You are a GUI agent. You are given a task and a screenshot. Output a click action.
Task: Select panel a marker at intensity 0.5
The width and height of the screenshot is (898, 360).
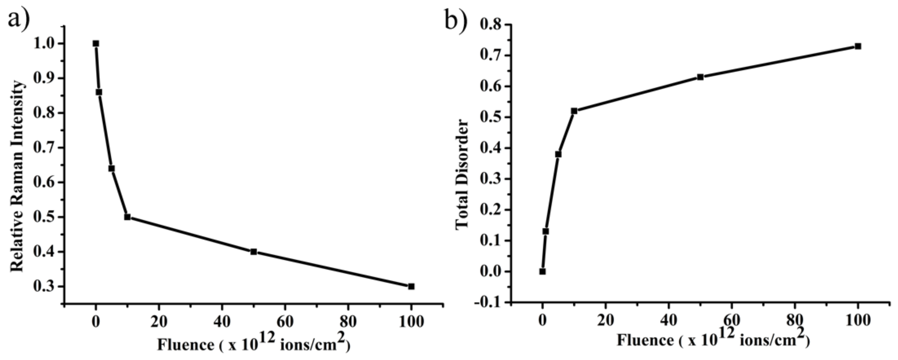tap(127, 217)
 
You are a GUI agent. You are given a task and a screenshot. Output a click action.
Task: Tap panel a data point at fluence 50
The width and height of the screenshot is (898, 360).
tap(254, 252)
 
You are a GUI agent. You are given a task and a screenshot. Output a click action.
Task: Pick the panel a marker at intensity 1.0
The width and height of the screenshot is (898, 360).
tap(96, 44)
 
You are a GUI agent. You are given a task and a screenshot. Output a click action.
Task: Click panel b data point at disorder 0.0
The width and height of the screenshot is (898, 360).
tap(542, 272)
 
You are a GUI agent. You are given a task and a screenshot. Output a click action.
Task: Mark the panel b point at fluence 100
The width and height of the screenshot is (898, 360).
tap(858, 46)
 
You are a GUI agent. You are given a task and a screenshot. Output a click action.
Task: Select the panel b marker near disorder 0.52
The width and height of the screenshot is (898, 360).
tap(574, 111)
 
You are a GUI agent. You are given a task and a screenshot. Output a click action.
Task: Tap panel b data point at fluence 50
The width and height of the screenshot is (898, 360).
tap(700, 77)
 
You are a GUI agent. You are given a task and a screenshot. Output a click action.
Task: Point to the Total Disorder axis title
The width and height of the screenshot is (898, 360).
tap(462, 174)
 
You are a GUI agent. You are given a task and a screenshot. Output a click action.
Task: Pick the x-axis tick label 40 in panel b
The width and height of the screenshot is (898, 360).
tap(668, 320)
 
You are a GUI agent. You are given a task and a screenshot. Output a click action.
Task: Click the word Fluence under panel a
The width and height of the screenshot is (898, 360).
tap(186, 345)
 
